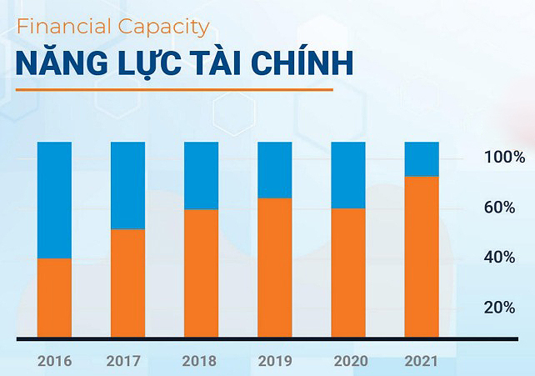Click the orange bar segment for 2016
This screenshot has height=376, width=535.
[x=54, y=298]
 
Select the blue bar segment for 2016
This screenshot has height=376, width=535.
[x=54, y=200]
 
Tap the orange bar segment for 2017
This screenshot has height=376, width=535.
[x=127, y=283]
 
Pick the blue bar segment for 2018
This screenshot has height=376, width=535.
[x=201, y=175]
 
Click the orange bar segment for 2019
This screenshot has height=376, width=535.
[x=274, y=268]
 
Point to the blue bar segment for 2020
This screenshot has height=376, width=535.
[x=348, y=175]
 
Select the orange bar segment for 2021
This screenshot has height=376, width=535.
[x=422, y=257]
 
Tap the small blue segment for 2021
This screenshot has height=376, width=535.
[x=422, y=159]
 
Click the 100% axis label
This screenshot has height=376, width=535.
[x=504, y=158]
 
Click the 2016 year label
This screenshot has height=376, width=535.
[x=54, y=362]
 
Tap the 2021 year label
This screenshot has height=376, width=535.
[x=422, y=362]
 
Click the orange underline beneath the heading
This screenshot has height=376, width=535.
[x=174, y=89]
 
